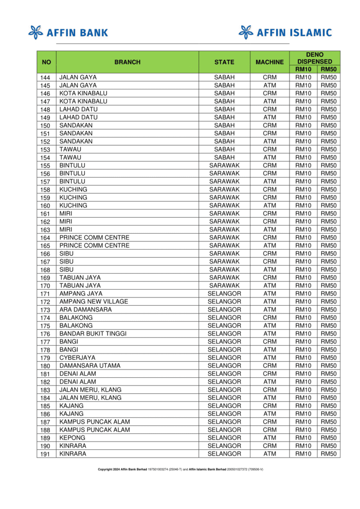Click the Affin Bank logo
[68, 32]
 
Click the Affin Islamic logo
[285, 32]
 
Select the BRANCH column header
[127, 62]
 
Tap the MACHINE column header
[269, 62]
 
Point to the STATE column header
[224, 62]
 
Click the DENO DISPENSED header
[314, 58]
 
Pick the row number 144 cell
[46, 77]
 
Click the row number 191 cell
[46, 454]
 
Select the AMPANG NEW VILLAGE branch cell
[94, 302]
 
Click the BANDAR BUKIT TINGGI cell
[93, 334]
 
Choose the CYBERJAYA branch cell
[77, 358]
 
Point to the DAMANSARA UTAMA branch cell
[90, 366]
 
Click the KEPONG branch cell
[73, 438]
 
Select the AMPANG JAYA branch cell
[81, 294]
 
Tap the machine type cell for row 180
[269, 366]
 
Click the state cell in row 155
[224, 165]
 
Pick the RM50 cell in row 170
[328, 286]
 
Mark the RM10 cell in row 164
[303, 238]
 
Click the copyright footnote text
[181, 469]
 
